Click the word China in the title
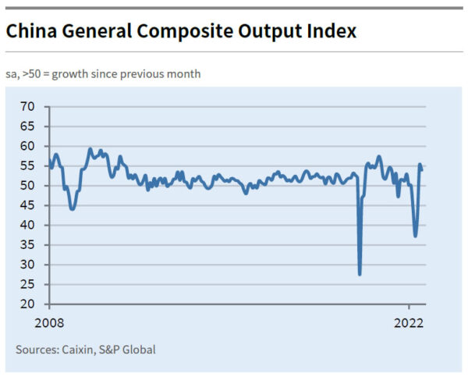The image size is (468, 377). point(30,32)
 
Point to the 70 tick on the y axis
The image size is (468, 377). point(29,106)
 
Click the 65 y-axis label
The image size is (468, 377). point(29,126)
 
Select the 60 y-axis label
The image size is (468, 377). point(29,146)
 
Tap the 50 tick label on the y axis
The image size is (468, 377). point(29,186)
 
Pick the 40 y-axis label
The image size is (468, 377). point(29,225)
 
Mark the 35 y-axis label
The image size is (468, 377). point(29,245)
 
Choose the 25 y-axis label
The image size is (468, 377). point(29,284)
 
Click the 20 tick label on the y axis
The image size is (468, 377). point(29,304)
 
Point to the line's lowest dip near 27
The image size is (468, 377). point(360,274)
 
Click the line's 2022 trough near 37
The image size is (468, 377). point(416,236)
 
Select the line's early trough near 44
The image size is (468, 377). point(73,209)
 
